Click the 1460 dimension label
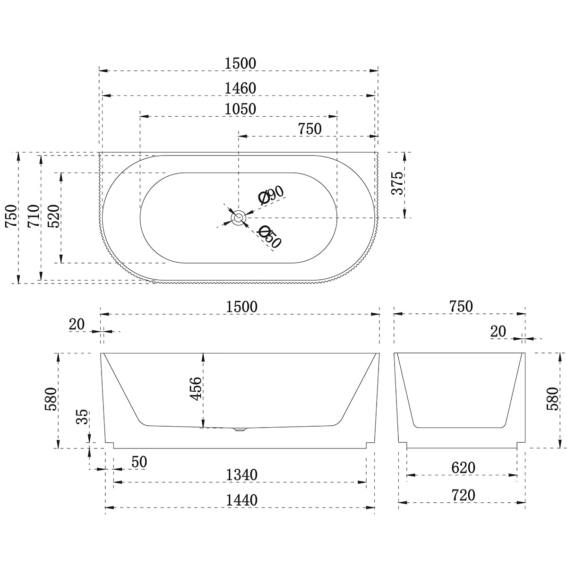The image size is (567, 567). pyautogui.click(x=240, y=88)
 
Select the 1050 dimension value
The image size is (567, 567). pyautogui.click(x=240, y=109)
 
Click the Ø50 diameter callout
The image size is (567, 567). pyautogui.click(x=270, y=236)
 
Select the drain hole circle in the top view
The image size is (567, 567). pyautogui.click(x=238, y=218)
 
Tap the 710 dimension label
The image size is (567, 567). pyautogui.click(x=34, y=216)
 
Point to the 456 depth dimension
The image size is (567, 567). pyautogui.click(x=196, y=388)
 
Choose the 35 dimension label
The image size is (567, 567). pyautogui.click(x=82, y=417)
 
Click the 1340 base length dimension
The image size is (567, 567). pyautogui.click(x=241, y=474)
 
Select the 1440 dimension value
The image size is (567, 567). pyautogui.click(x=241, y=499)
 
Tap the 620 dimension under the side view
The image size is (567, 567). pyautogui.click(x=463, y=468)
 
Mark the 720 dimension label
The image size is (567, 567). pyautogui.click(x=463, y=495)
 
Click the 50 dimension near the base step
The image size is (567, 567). pyautogui.click(x=139, y=462)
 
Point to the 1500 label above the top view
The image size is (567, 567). pyautogui.click(x=240, y=63)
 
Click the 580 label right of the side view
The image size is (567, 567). pyautogui.click(x=551, y=399)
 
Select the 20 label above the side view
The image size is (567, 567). pyautogui.click(x=498, y=331)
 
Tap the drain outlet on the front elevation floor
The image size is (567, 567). pyautogui.click(x=241, y=430)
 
